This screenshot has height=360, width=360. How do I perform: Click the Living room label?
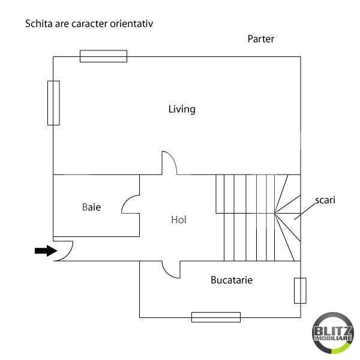pyautogui.click(x=182, y=109)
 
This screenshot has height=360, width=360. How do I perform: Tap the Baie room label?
pyautogui.click(x=91, y=207)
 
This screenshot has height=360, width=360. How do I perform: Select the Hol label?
pyautogui.click(x=179, y=220)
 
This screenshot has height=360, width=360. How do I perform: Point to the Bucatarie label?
pyautogui.click(x=232, y=280)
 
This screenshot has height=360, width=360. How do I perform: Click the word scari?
pyautogui.click(x=325, y=200)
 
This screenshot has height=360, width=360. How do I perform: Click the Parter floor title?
pyautogui.click(x=261, y=39)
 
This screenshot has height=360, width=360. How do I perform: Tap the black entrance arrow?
pyautogui.click(x=44, y=251)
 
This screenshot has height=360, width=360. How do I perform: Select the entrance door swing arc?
pyautogui.click(x=65, y=250)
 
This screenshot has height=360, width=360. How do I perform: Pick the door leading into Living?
pyautogui.click(x=169, y=163)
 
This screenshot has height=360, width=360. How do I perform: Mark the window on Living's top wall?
pyautogui.click(x=104, y=56)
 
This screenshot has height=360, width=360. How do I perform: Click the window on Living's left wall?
pyautogui.click(x=53, y=103)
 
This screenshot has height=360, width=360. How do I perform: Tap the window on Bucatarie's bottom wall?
pyautogui.click(x=216, y=317)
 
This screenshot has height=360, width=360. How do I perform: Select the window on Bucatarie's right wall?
pyautogui.click(x=300, y=290)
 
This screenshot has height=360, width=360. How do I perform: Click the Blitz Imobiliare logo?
pyautogui.click(x=333, y=334)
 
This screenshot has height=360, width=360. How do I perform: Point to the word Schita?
pyautogui.click(x=37, y=25)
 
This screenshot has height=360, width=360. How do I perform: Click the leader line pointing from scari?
pyautogui.click(x=305, y=210)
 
